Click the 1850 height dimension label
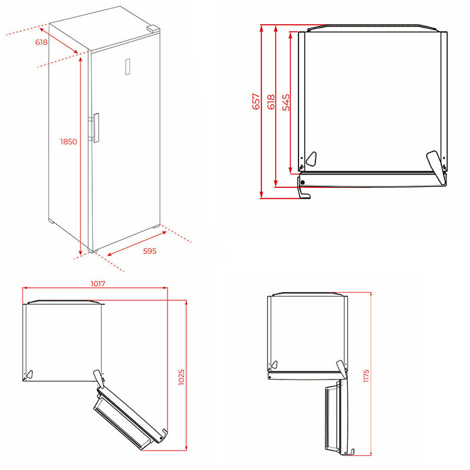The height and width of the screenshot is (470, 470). (x=69, y=141)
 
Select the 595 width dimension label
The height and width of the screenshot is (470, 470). (x=150, y=251)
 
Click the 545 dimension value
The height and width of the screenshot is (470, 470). (x=286, y=102)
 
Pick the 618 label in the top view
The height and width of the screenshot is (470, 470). (x=271, y=102)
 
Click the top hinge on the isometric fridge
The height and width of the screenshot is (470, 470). (x=153, y=28)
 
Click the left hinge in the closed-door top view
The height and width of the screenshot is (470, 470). (x=311, y=158)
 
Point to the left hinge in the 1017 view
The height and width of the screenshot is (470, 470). (x=30, y=372)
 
